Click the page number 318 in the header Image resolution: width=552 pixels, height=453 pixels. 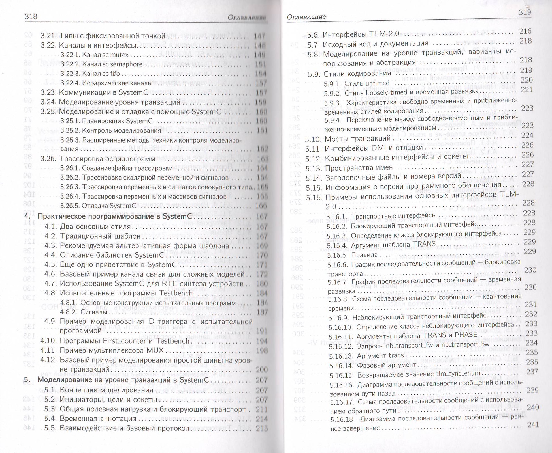31,16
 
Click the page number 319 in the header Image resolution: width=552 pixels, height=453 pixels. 525,12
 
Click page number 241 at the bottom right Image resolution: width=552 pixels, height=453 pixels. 533,424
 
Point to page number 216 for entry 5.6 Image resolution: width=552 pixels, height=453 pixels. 525,31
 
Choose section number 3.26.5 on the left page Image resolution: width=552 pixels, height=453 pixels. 69,206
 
